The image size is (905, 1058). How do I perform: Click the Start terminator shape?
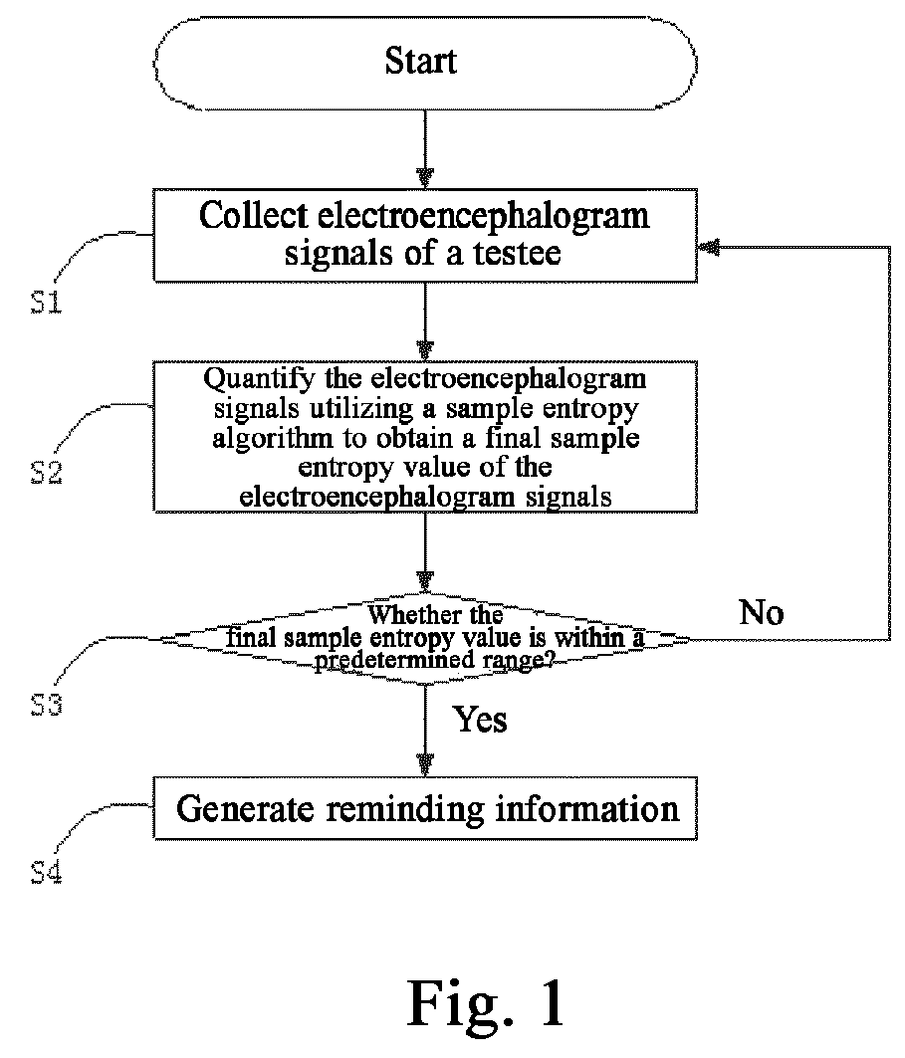tap(425, 63)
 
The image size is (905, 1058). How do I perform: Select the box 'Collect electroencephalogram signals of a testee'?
tap(425, 235)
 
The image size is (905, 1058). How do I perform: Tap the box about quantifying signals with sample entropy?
tap(425, 437)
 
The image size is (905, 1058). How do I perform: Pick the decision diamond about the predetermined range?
tap(425, 638)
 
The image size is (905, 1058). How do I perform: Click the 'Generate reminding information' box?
tap(425, 808)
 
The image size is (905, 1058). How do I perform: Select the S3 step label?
tap(47, 705)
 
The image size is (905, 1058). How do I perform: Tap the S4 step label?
tap(47, 873)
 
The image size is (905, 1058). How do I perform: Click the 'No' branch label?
tap(762, 613)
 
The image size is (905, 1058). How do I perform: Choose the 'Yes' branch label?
tap(480, 720)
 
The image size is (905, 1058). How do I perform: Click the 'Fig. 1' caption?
tap(485, 1004)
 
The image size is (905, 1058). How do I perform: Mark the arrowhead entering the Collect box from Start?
tap(425, 179)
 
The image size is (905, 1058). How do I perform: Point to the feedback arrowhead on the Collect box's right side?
tap(708, 248)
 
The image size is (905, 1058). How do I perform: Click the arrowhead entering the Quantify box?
tap(425, 351)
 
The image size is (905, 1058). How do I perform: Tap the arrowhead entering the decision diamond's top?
tap(425, 582)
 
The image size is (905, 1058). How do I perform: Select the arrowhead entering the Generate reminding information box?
tap(425, 766)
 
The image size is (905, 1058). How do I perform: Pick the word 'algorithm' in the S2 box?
tap(273, 439)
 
